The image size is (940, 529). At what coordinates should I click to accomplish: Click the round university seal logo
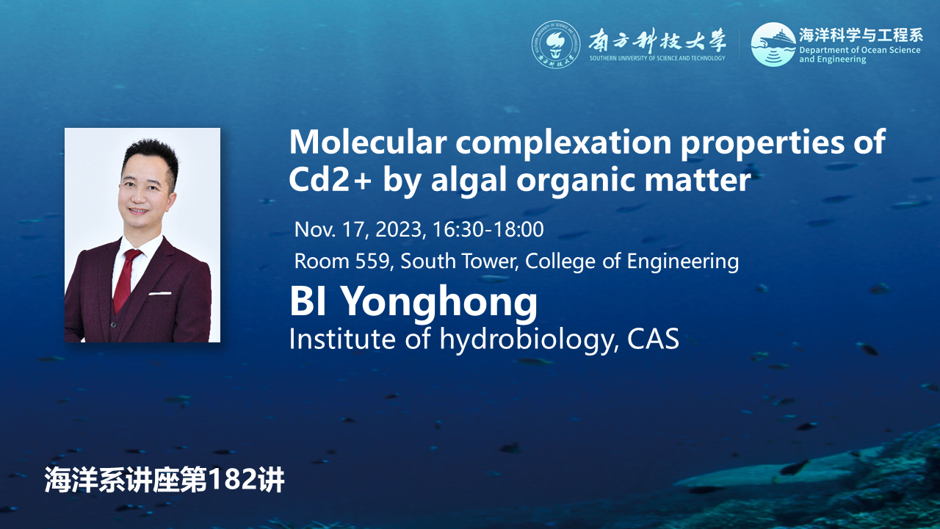pos(556,45)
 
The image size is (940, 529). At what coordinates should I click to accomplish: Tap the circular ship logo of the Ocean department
pos(773,45)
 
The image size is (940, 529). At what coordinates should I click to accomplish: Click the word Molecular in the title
pos(368,142)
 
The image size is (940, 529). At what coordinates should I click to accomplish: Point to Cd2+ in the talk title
pos(330,179)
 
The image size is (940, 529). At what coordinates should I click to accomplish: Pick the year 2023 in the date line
pos(398,230)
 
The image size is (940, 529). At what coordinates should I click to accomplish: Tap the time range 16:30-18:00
pos(488,230)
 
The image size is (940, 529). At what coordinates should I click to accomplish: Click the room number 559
pos(372,261)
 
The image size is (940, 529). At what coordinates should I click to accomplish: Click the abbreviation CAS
pos(654,339)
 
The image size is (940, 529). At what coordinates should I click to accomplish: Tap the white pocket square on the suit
pos(160,292)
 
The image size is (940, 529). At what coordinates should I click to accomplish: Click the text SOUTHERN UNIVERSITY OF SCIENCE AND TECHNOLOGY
pos(657,58)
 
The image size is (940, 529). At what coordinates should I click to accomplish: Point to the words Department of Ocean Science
pos(860,51)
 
